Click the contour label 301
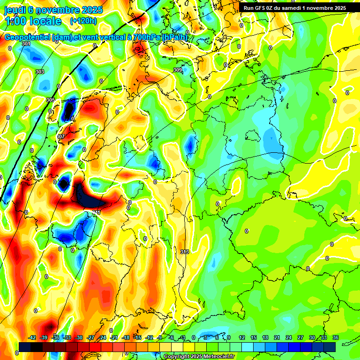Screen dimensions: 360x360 26,44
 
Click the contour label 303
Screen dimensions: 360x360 39,72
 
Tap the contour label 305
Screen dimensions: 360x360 51,100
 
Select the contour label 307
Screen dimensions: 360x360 60,136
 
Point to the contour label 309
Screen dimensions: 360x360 178,70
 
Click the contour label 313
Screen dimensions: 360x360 185,252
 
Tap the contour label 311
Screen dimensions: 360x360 96,213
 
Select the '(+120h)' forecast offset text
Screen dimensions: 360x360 83,21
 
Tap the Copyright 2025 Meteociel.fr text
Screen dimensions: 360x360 199,357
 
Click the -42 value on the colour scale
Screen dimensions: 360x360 32,337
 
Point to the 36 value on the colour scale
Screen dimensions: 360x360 335,337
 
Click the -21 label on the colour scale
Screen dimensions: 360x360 114,337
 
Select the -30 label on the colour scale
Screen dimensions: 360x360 79,337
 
